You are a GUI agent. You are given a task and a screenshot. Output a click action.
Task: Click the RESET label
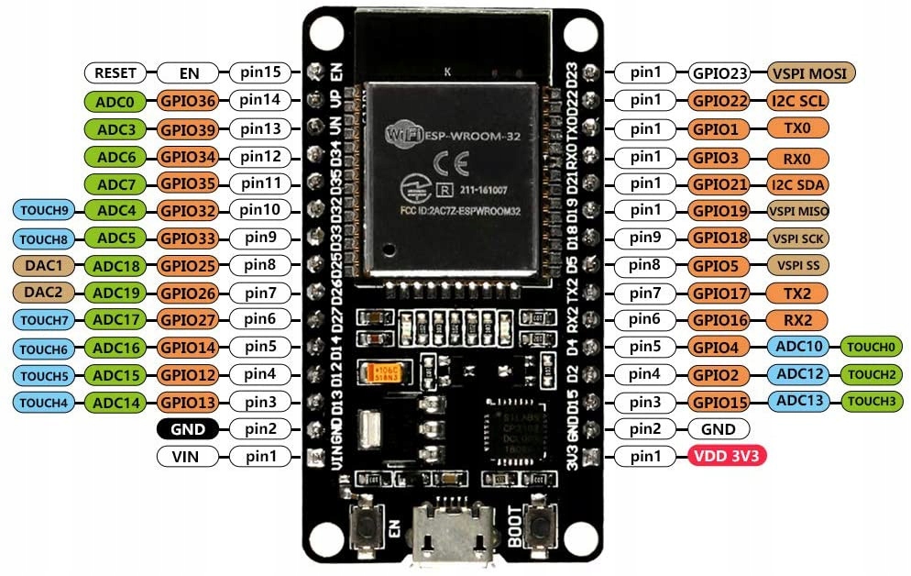(115, 72)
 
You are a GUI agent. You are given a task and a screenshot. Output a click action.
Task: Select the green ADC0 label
(115, 101)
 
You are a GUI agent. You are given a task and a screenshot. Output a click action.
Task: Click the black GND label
(187, 428)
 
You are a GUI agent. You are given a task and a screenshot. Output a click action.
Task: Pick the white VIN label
(187, 456)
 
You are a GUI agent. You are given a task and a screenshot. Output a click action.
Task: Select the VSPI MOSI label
(811, 72)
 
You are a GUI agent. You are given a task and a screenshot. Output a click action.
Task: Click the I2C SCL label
(800, 101)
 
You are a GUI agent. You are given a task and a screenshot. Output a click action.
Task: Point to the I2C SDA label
(800, 183)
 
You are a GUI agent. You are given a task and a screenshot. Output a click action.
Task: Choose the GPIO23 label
(722, 72)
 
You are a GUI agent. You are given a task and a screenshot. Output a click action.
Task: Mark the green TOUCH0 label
(873, 347)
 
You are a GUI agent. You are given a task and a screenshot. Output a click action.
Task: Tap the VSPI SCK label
(800, 238)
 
